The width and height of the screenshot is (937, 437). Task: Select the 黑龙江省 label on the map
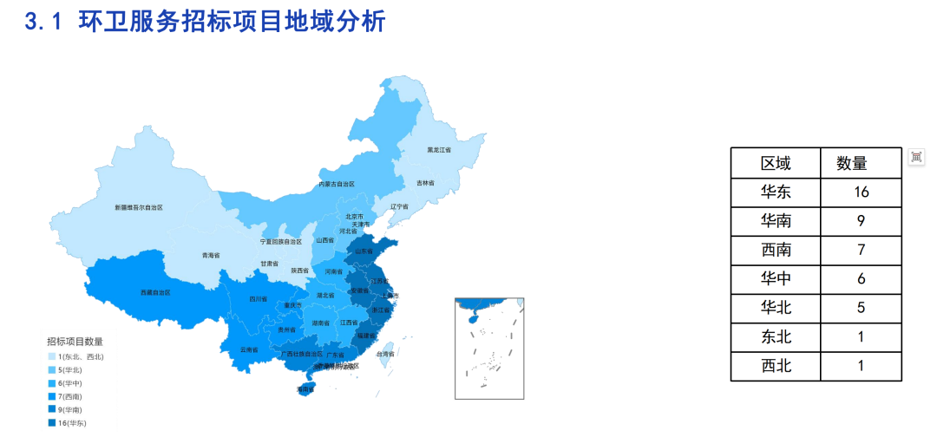[x=439, y=150]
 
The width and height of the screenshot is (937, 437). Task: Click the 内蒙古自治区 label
[x=336, y=185]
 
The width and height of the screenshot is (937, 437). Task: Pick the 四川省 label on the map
[x=258, y=299]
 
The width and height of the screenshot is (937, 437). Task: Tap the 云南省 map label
[x=249, y=349]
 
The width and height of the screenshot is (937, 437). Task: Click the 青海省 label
[x=211, y=256]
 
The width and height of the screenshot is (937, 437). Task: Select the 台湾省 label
[x=385, y=354]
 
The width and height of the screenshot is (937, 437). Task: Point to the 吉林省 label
[x=425, y=183]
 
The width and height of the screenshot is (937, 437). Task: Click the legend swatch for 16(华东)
[x=51, y=423]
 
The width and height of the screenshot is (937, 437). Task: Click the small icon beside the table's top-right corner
[x=916, y=156]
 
